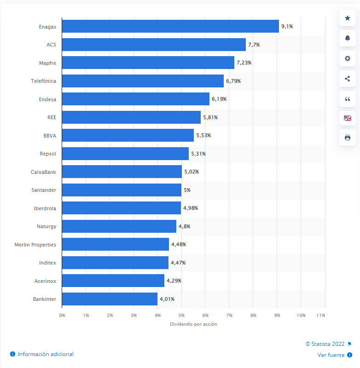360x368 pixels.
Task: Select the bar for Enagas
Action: (x=170, y=26)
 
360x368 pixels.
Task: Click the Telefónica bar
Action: (x=143, y=81)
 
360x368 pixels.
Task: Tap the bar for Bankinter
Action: (x=110, y=299)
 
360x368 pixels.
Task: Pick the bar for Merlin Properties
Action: (x=116, y=244)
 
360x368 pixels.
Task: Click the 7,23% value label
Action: (x=244, y=63)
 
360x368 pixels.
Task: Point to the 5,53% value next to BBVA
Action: (x=203, y=135)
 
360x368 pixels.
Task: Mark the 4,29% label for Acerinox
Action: (x=174, y=281)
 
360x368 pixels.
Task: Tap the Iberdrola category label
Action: (x=45, y=208)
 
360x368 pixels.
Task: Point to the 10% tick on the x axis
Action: (x=301, y=315)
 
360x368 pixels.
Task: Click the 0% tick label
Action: (x=62, y=315)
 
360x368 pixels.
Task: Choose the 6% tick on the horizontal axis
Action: (x=205, y=315)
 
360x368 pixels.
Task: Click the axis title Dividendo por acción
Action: (x=193, y=324)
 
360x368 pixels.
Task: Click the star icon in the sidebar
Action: (x=348, y=18)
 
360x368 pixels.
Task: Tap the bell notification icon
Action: (x=348, y=38)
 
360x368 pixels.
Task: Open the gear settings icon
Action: (x=348, y=58)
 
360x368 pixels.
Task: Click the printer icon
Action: (x=348, y=137)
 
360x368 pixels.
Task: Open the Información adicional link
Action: (x=45, y=354)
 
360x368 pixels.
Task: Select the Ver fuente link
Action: (x=331, y=355)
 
